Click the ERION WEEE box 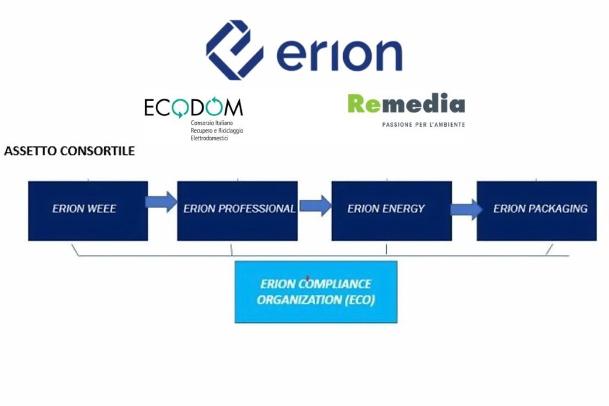(87, 210)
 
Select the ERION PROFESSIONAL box (237, 210)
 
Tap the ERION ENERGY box (391, 210)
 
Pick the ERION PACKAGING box (536, 210)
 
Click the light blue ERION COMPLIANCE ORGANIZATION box (316, 292)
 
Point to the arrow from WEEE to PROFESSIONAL (162, 202)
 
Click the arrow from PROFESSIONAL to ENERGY (315, 206)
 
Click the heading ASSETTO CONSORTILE (69, 151)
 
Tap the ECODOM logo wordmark (193, 108)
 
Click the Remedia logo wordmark (406, 105)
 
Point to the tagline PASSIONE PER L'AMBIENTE (423, 124)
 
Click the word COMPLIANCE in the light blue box (341, 284)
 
